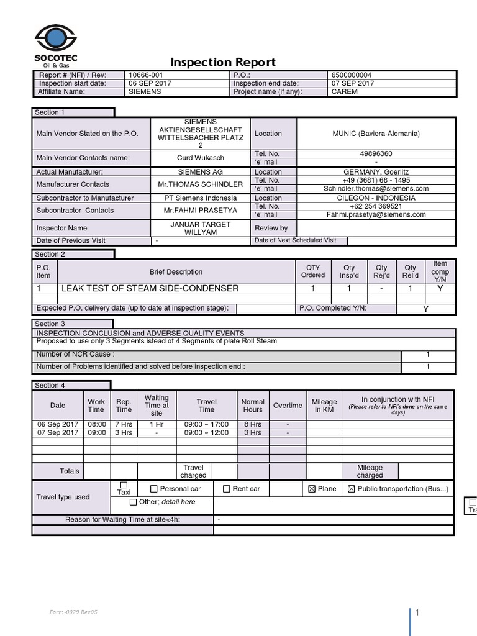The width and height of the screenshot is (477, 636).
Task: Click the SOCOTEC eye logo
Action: [55, 39]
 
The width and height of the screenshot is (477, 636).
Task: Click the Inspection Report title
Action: [223, 62]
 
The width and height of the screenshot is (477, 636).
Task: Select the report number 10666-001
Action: [146, 75]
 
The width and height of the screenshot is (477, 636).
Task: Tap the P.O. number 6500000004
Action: [352, 75]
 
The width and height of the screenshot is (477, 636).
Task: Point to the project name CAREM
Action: [345, 91]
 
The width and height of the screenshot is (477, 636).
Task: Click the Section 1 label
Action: [50, 112]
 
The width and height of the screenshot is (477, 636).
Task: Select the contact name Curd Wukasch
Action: [201, 158]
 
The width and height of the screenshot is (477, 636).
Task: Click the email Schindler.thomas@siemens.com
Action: [376, 188]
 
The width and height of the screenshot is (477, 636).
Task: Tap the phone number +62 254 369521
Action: [376, 206]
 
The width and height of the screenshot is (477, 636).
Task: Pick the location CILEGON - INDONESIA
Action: [376, 198]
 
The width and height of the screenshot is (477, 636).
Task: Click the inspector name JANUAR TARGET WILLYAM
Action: [201, 228]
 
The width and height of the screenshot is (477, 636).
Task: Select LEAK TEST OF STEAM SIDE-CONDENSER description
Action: [150, 289]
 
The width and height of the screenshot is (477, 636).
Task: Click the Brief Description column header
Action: [176, 272]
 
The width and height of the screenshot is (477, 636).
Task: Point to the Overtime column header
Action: [288, 406]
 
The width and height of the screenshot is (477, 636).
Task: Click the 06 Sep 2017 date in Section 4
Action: [57, 424]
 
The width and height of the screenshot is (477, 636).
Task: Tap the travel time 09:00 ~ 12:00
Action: [206, 433]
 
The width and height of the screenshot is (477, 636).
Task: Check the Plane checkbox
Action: [312, 489]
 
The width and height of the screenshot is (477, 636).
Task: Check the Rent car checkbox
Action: [227, 489]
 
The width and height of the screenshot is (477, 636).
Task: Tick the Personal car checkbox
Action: [154, 489]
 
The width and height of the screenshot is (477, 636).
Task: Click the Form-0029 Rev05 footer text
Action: [73, 612]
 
